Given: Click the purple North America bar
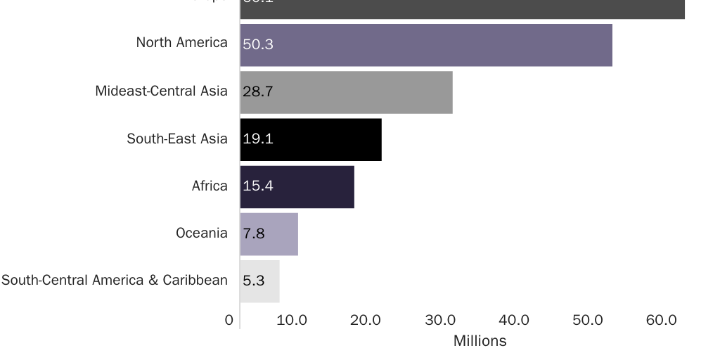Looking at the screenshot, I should pos(425,45).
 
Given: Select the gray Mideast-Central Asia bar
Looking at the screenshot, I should pos(346,92).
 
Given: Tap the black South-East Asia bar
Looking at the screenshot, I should pos(310,139).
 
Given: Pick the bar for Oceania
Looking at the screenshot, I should pos(269,233).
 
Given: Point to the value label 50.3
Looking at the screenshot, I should pos(258,44).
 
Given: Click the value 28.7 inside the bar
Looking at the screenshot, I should pos(258,92).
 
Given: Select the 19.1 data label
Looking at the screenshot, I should pos(258,139).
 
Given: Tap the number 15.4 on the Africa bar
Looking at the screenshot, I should pos(258,186).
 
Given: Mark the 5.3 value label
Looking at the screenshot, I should pos(254,281).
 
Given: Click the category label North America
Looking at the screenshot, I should pos(181,43).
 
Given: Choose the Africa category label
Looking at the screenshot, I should pos(210,186).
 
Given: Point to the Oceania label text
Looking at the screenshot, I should pos(201,233).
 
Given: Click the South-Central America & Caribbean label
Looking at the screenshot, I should pos(115,280).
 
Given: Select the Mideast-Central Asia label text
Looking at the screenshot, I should pos(161,91).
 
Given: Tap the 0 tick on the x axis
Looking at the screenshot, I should pos(229,321).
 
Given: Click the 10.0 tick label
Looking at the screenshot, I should pos(291,321).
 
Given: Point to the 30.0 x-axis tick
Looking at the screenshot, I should pos(439,321).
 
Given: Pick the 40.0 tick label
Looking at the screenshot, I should pos(513,321).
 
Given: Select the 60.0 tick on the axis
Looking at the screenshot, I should pos(661,321).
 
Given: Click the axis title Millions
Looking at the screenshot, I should pos(480,341).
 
